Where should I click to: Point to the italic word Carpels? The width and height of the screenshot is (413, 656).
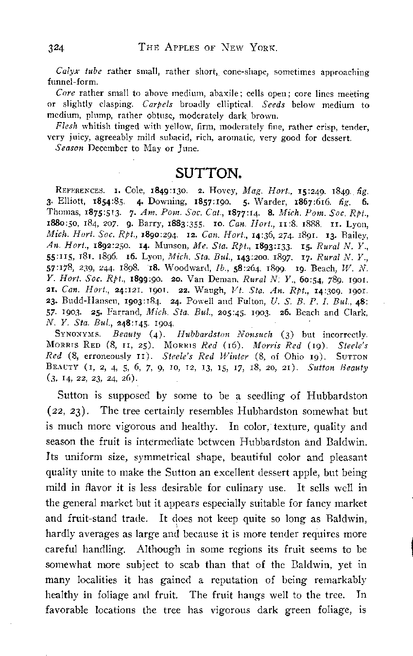[157, 104]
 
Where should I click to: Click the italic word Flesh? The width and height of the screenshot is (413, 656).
[65, 126]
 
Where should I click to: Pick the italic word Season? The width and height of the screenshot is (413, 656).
[69, 147]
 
